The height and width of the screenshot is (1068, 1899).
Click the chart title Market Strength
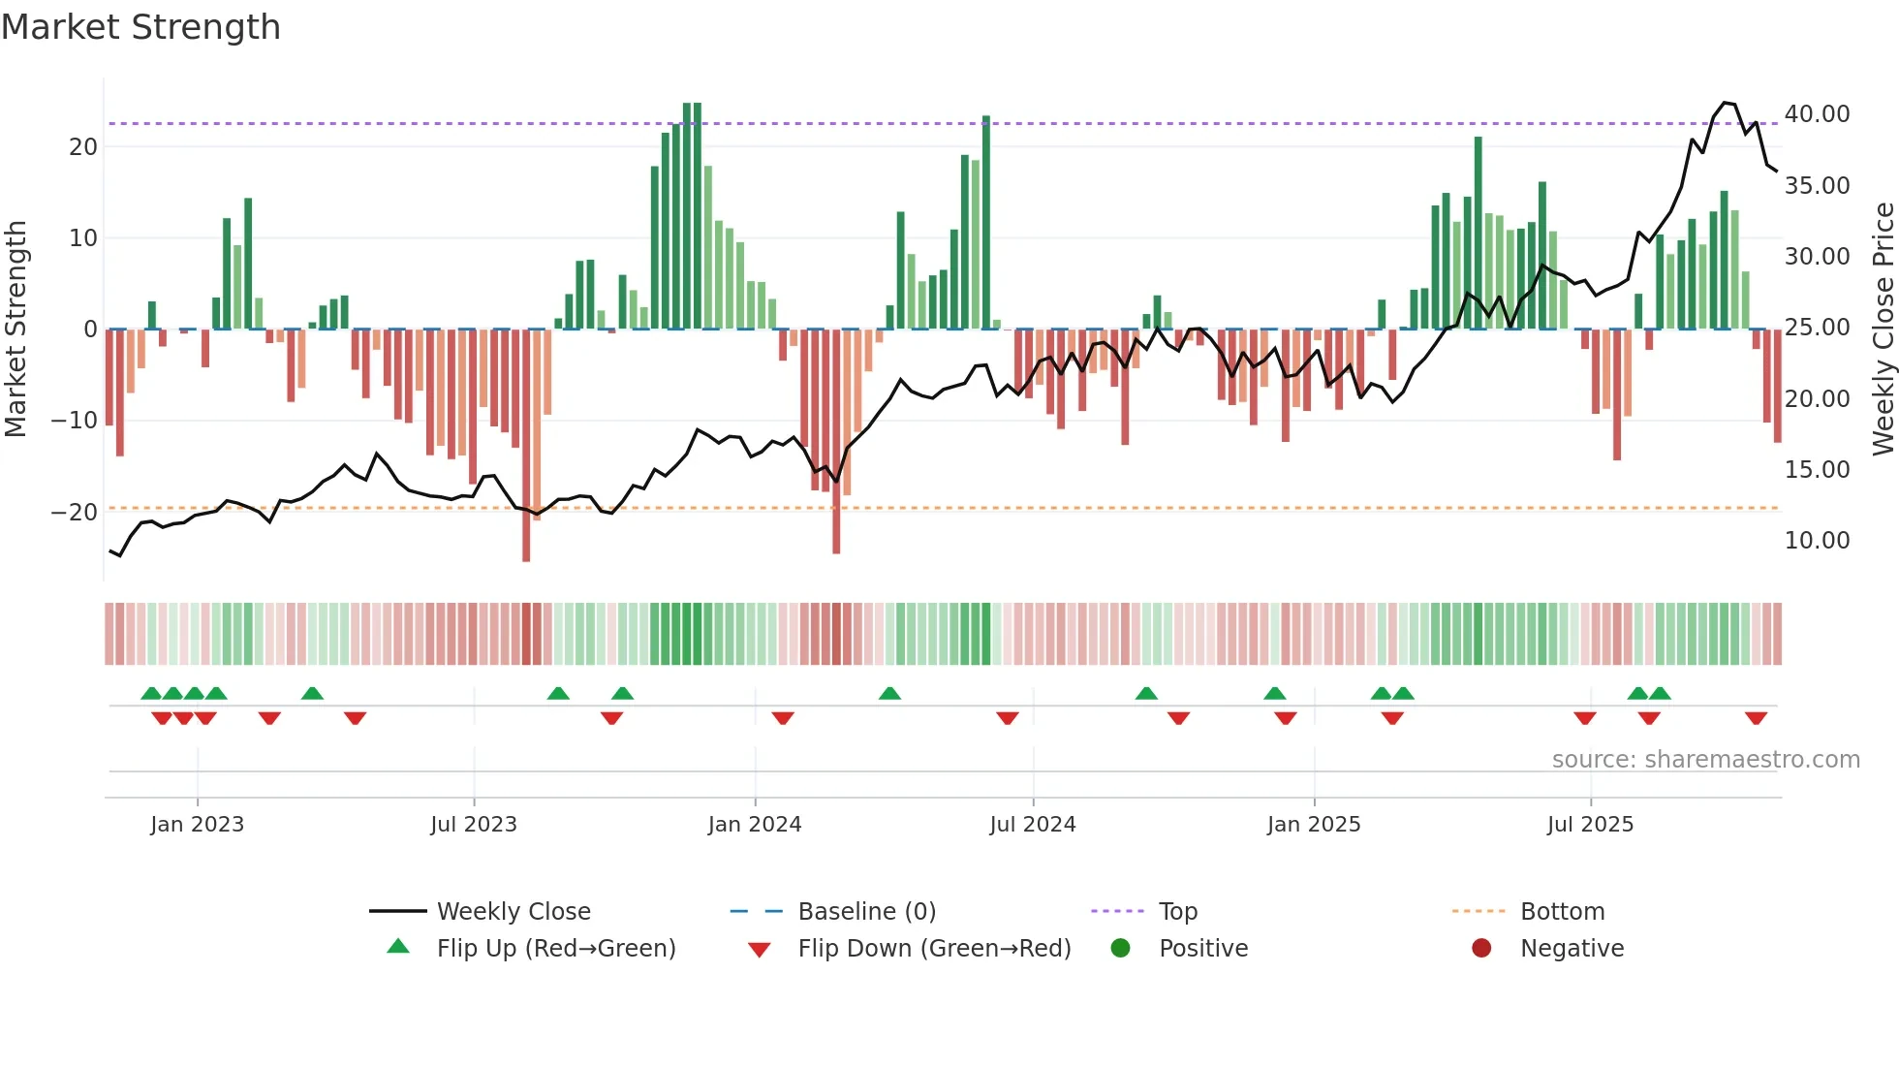[x=141, y=27]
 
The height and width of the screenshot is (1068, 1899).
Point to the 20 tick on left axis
[x=83, y=147]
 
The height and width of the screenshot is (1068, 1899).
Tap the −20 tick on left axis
[x=75, y=512]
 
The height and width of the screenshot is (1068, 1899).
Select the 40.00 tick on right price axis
[x=1817, y=114]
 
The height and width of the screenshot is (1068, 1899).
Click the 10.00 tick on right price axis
[x=1817, y=541]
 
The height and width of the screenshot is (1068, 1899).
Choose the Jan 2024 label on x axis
[x=755, y=825]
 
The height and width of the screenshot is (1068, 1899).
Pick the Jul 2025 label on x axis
[x=1590, y=825]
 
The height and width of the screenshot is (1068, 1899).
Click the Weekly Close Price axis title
[x=1883, y=330]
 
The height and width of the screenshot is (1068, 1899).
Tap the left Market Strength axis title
[x=16, y=330]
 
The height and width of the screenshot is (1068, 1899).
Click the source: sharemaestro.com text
[x=1705, y=760]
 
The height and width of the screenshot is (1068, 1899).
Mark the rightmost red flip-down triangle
[x=1756, y=718]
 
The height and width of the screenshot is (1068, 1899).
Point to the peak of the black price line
[x=1725, y=103]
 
